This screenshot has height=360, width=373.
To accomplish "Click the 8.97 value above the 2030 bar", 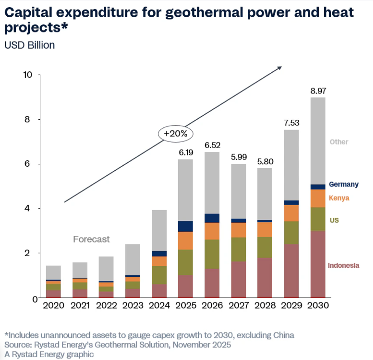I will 318,91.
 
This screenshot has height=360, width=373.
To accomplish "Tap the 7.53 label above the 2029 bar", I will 291,123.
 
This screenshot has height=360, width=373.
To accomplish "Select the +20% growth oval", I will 175,134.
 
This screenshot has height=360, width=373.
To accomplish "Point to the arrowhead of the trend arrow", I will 279,68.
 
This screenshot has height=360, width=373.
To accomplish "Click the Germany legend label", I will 344,184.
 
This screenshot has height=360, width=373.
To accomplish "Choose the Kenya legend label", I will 339,198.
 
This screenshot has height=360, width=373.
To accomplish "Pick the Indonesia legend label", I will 344,265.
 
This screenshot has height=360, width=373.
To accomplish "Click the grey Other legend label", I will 339,142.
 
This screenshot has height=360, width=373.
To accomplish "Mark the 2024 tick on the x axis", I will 159,306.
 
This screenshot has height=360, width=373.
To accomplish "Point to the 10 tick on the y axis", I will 28,75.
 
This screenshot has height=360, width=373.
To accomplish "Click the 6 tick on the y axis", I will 31,164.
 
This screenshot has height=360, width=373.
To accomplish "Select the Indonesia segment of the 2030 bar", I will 318,264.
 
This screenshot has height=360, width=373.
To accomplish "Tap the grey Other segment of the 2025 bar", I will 186,190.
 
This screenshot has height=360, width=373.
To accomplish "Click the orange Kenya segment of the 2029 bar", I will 291,213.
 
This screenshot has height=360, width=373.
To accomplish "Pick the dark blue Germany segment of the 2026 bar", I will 212,218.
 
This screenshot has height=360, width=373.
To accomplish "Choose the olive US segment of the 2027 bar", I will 238,249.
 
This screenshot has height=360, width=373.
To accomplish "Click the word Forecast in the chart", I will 91,239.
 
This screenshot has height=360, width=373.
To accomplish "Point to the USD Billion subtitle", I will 29,45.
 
